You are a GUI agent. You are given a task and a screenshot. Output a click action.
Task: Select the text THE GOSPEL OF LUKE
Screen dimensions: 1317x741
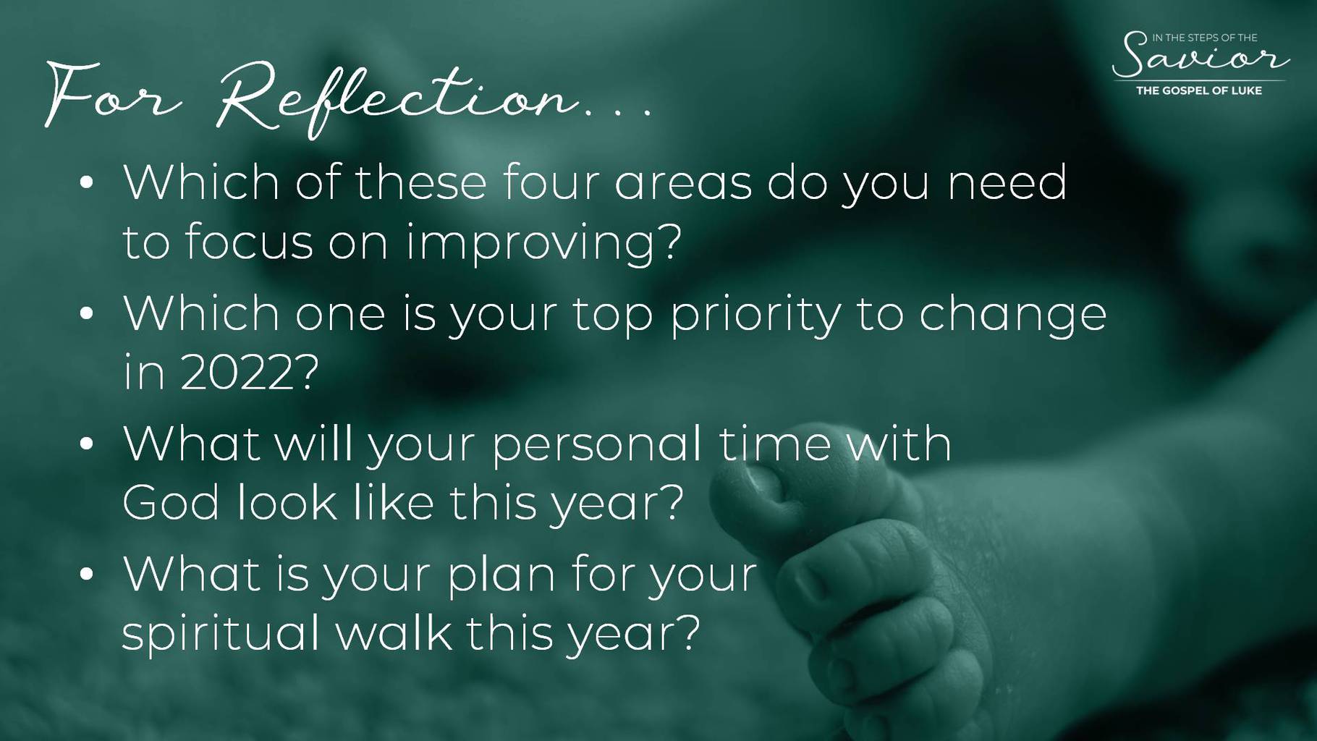(x=1199, y=90)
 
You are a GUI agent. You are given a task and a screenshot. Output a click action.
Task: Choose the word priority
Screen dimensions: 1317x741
(x=755, y=316)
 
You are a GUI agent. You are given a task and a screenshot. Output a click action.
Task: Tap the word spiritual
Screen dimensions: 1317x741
(x=221, y=634)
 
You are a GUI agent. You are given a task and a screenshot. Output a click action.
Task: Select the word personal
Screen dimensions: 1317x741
(x=597, y=444)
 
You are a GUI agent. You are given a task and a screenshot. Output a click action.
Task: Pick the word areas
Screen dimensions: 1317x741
(x=683, y=184)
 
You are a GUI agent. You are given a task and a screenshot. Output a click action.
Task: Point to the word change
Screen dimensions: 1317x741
(x=1013, y=316)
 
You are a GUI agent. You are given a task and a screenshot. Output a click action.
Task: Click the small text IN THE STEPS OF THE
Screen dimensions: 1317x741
(x=1205, y=38)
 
